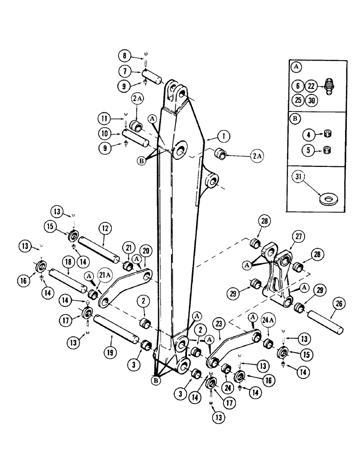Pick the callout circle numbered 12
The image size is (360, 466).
[x=105, y=228]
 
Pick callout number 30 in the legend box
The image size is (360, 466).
[x=311, y=100]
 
